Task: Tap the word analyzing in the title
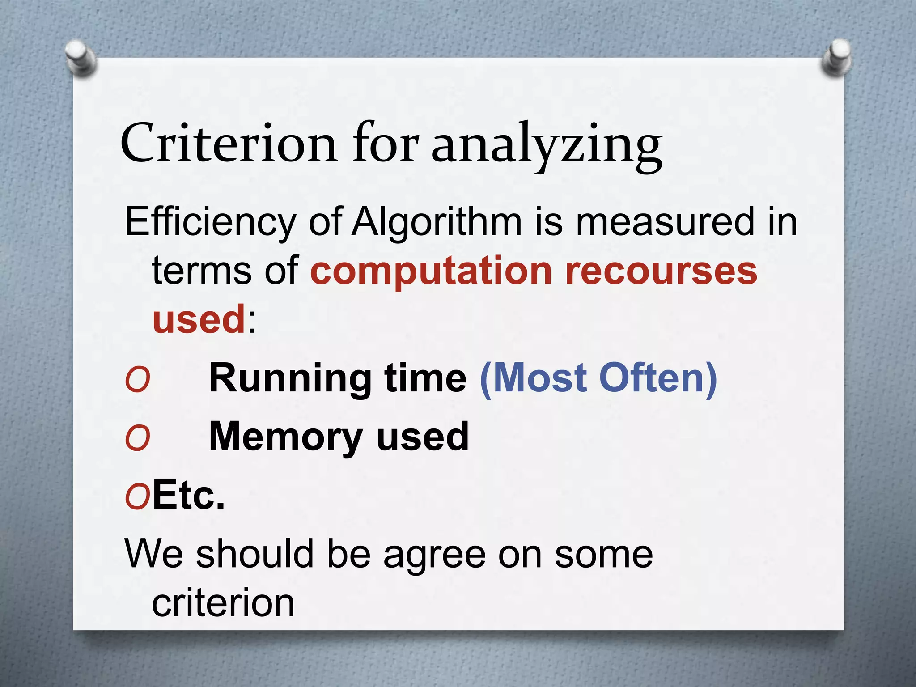(546, 145)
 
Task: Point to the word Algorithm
(437, 222)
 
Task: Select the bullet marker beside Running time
(137, 379)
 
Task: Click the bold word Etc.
(188, 495)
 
